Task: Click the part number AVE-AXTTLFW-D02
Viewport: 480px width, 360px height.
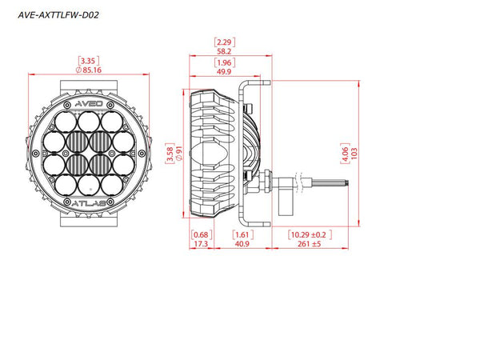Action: pos(58,15)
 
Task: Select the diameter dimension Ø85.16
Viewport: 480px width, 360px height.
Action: pos(89,70)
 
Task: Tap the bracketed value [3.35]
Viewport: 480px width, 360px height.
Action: pos(89,61)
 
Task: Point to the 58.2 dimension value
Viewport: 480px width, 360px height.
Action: pos(224,51)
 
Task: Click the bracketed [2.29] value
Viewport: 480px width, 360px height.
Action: pos(224,42)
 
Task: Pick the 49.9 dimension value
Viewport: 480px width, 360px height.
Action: pos(224,72)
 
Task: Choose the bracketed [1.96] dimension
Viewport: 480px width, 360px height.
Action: pos(224,62)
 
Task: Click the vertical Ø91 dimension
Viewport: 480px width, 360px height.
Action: pos(178,154)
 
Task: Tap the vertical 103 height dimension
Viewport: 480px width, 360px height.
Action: pos(354,154)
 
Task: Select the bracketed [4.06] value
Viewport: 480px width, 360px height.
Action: pos(345,154)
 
